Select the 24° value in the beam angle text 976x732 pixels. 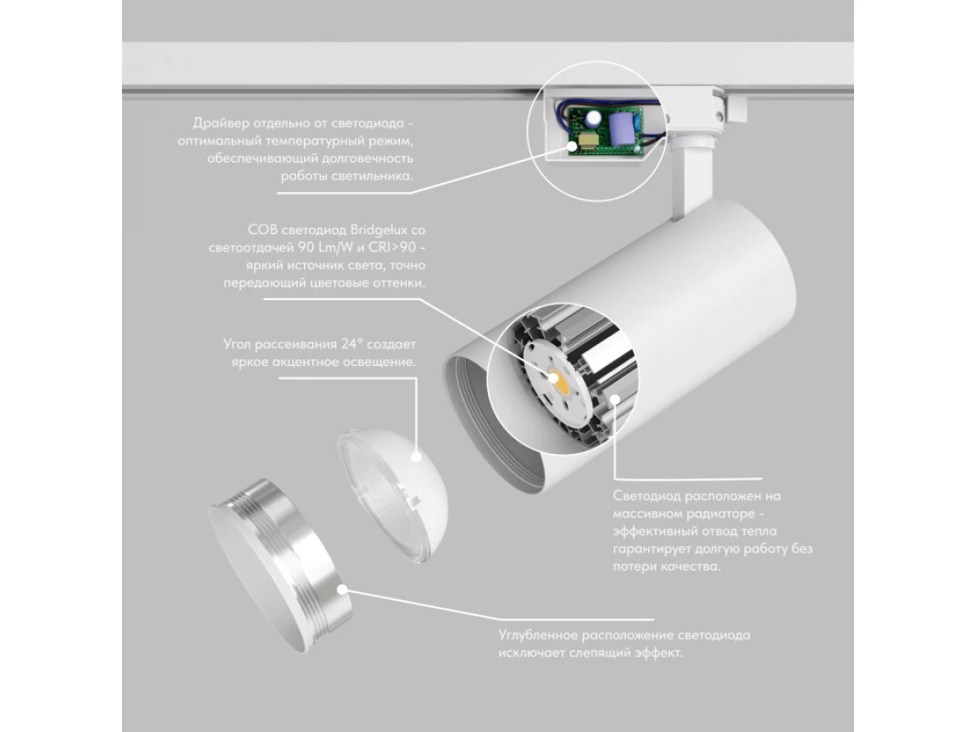point(352,343)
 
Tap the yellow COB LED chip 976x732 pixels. point(561,381)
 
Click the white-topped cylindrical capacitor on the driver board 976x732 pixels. point(593,119)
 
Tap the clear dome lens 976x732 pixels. point(392,495)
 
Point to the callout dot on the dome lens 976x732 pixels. point(416,456)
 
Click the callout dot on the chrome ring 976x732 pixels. point(342,590)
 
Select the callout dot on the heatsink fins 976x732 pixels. point(615,399)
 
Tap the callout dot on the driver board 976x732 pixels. point(573,146)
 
